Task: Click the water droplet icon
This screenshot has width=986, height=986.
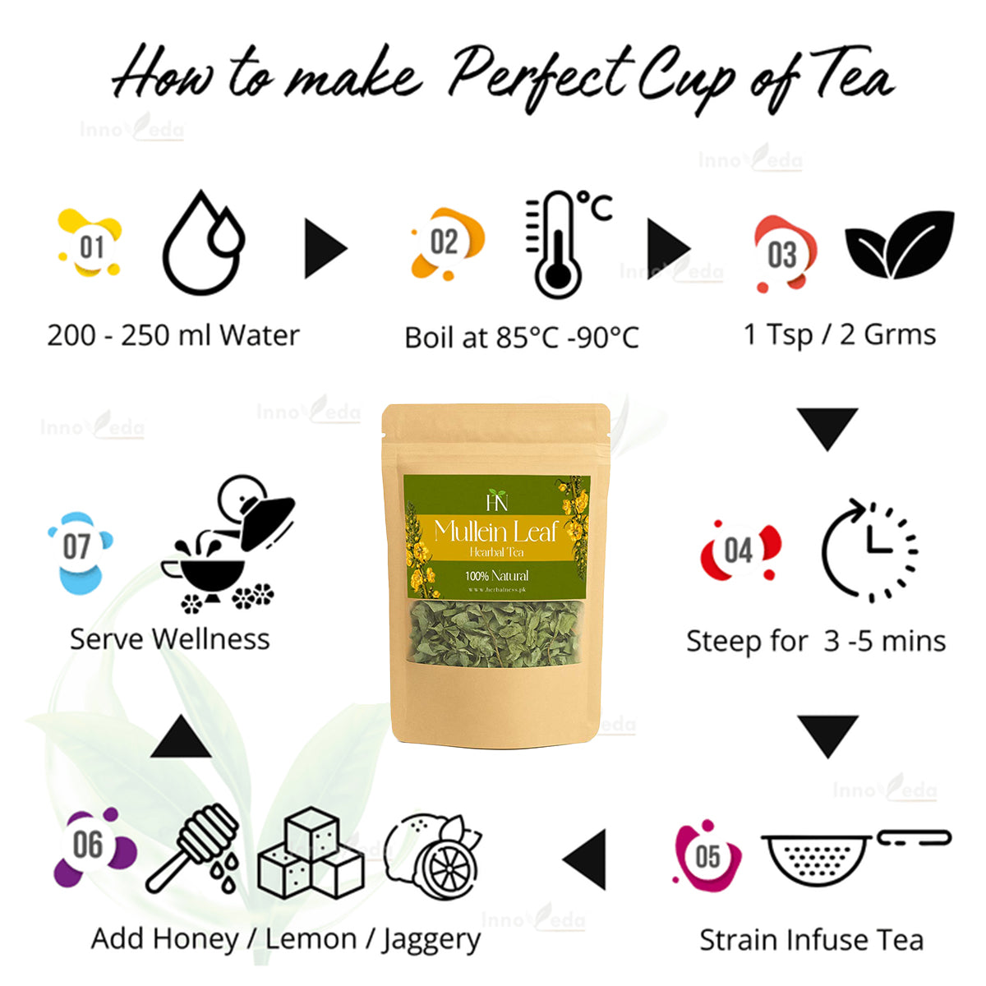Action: click(x=203, y=243)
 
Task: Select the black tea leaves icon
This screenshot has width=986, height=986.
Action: click(x=899, y=245)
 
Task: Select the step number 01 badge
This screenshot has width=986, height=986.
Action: click(x=90, y=245)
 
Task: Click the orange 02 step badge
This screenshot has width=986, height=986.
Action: click(x=445, y=242)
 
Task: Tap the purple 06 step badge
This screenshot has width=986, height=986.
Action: click(x=89, y=845)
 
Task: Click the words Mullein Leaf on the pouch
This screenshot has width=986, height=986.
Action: click(x=496, y=531)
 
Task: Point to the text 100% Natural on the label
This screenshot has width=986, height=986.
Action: click(x=497, y=575)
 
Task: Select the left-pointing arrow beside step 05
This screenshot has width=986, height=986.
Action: click(x=586, y=859)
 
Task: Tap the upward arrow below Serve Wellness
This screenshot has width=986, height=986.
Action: click(x=181, y=738)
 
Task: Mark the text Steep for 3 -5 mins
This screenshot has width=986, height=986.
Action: click(x=816, y=641)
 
